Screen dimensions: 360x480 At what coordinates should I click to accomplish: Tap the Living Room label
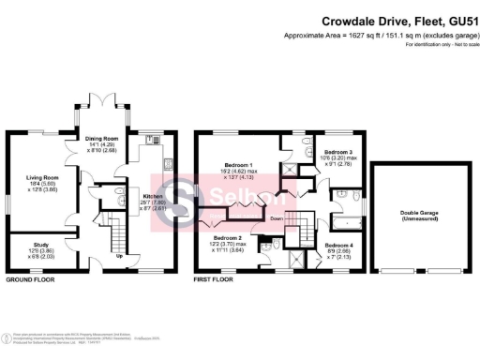[x=42, y=177]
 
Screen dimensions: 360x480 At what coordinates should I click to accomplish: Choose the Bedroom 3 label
[x=337, y=152]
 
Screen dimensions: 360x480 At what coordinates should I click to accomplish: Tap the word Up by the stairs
[x=118, y=255]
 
